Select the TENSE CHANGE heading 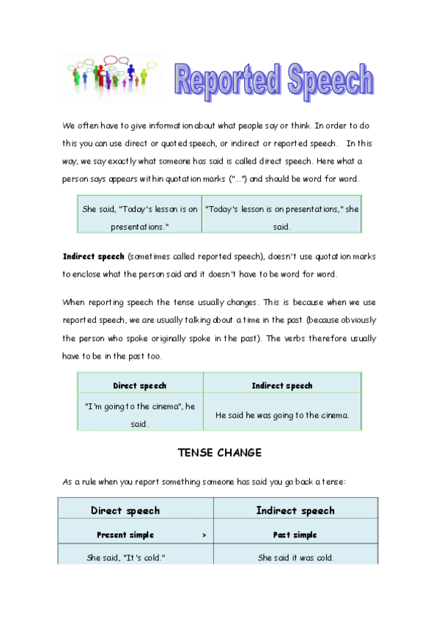[219, 453]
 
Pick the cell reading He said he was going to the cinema [282, 415]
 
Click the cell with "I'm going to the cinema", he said [139, 415]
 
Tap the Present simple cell [125, 535]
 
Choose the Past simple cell [295, 535]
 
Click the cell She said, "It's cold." [125, 557]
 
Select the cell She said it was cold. [295, 557]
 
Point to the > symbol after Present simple [204, 535]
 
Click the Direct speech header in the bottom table [125, 511]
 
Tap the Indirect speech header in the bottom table [295, 511]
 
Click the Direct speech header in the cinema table [139, 385]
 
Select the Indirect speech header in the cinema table [282, 385]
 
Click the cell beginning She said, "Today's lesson [139, 218]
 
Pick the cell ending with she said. [282, 218]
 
